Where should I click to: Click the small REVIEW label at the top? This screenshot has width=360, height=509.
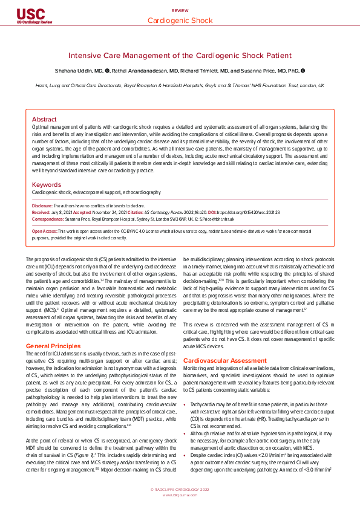click(x=180, y=11)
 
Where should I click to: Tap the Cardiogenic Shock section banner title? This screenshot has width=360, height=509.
click(x=180, y=21)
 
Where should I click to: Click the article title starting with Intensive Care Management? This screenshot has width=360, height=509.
click(x=180, y=54)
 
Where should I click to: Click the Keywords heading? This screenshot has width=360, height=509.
click(x=46, y=184)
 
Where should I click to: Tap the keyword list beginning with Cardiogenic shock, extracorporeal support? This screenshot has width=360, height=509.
click(x=96, y=192)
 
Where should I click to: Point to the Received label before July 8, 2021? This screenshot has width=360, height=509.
click(x=41, y=213)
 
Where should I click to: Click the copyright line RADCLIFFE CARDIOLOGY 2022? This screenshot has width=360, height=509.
click(x=180, y=488)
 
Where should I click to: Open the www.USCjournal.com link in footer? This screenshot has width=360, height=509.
click(x=180, y=494)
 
